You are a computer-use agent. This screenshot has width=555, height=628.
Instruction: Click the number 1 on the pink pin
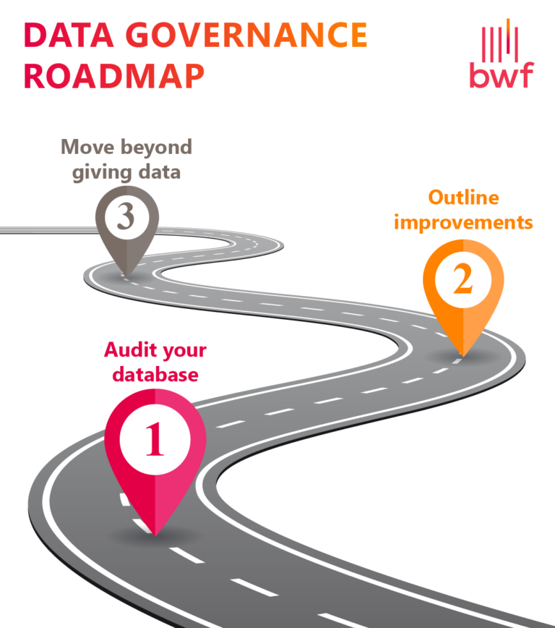pyautogui.click(x=155, y=440)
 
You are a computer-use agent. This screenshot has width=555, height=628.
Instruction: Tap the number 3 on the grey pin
pyautogui.click(x=127, y=216)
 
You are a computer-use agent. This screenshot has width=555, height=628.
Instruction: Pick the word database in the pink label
pyautogui.click(x=155, y=375)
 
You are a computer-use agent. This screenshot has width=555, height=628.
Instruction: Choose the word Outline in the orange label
pyautogui.click(x=463, y=198)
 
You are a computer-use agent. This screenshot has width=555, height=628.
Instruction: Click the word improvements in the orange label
pyautogui.click(x=463, y=221)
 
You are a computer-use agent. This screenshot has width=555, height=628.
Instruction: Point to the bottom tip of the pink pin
pyautogui.click(x=155, y=535)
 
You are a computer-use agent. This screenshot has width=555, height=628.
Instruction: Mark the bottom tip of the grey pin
pyautogui.click(x=127, y=276)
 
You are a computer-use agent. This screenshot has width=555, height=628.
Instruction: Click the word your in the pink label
pyautogui.click(x=184, y=352)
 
